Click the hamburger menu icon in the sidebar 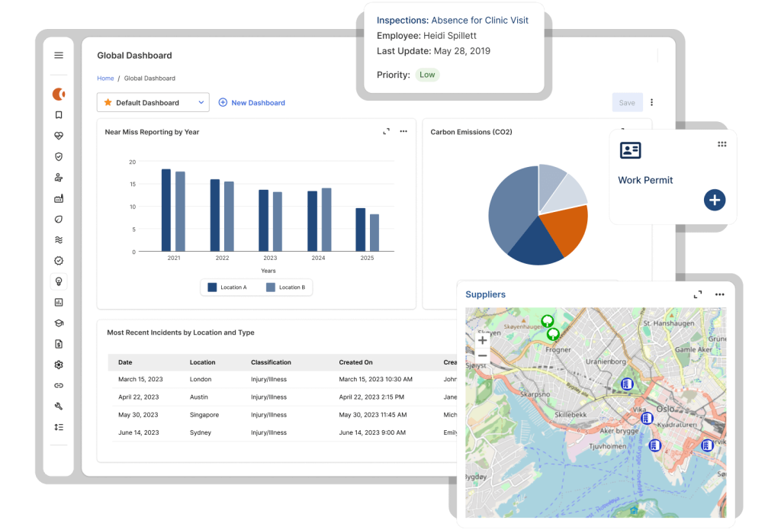tap(59, 55)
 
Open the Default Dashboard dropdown tap(153, 102)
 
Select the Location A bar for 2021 tap(166, 210)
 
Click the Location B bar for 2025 tap(374, 232)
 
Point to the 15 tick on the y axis tap(132, 185)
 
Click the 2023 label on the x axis tap(270, 259)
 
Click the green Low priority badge tap(427, 75)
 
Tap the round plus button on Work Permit tap(714, 200)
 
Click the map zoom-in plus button tap(482, 340)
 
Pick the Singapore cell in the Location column tap(204, 415)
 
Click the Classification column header tap(271, 362)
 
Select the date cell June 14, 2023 tap(138, 432)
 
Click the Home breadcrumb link tap(105, 79)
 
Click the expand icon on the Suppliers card tap(697, 294)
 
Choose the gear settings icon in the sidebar tap(59, 365)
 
